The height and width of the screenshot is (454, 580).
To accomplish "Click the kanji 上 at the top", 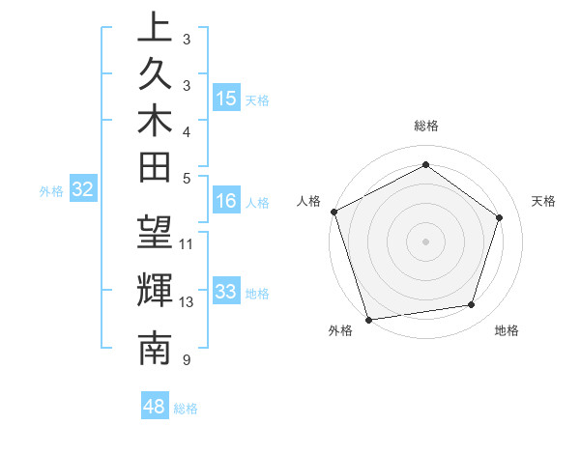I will (x=154, y=28).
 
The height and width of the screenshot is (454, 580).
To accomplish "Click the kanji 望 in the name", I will (x=154, y=234).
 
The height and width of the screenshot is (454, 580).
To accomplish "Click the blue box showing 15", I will (x=226, y=99).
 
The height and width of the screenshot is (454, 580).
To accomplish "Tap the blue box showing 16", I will (x=226, y=201).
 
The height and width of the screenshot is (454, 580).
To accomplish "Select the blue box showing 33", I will (x=226, y=292).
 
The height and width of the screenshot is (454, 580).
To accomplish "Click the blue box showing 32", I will (x=82, y=190).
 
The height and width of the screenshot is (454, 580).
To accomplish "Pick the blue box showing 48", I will (x=155, y=406).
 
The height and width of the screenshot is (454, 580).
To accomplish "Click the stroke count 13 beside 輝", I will (x=187, y=302).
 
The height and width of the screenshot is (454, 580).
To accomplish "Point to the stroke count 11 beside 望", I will (x=187, y=243).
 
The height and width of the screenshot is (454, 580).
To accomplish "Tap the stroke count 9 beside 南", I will (x=186, y=360).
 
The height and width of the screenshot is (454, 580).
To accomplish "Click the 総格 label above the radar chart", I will (x=426, y=126).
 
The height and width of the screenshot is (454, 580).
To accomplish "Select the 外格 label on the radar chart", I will (x=340, y=330).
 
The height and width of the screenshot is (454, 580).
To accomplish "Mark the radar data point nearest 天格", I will (x=500, y=217).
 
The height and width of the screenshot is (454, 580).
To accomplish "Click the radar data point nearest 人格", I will (x=334, y=212).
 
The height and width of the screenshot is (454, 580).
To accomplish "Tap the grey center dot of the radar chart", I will (x=425, y=241).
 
